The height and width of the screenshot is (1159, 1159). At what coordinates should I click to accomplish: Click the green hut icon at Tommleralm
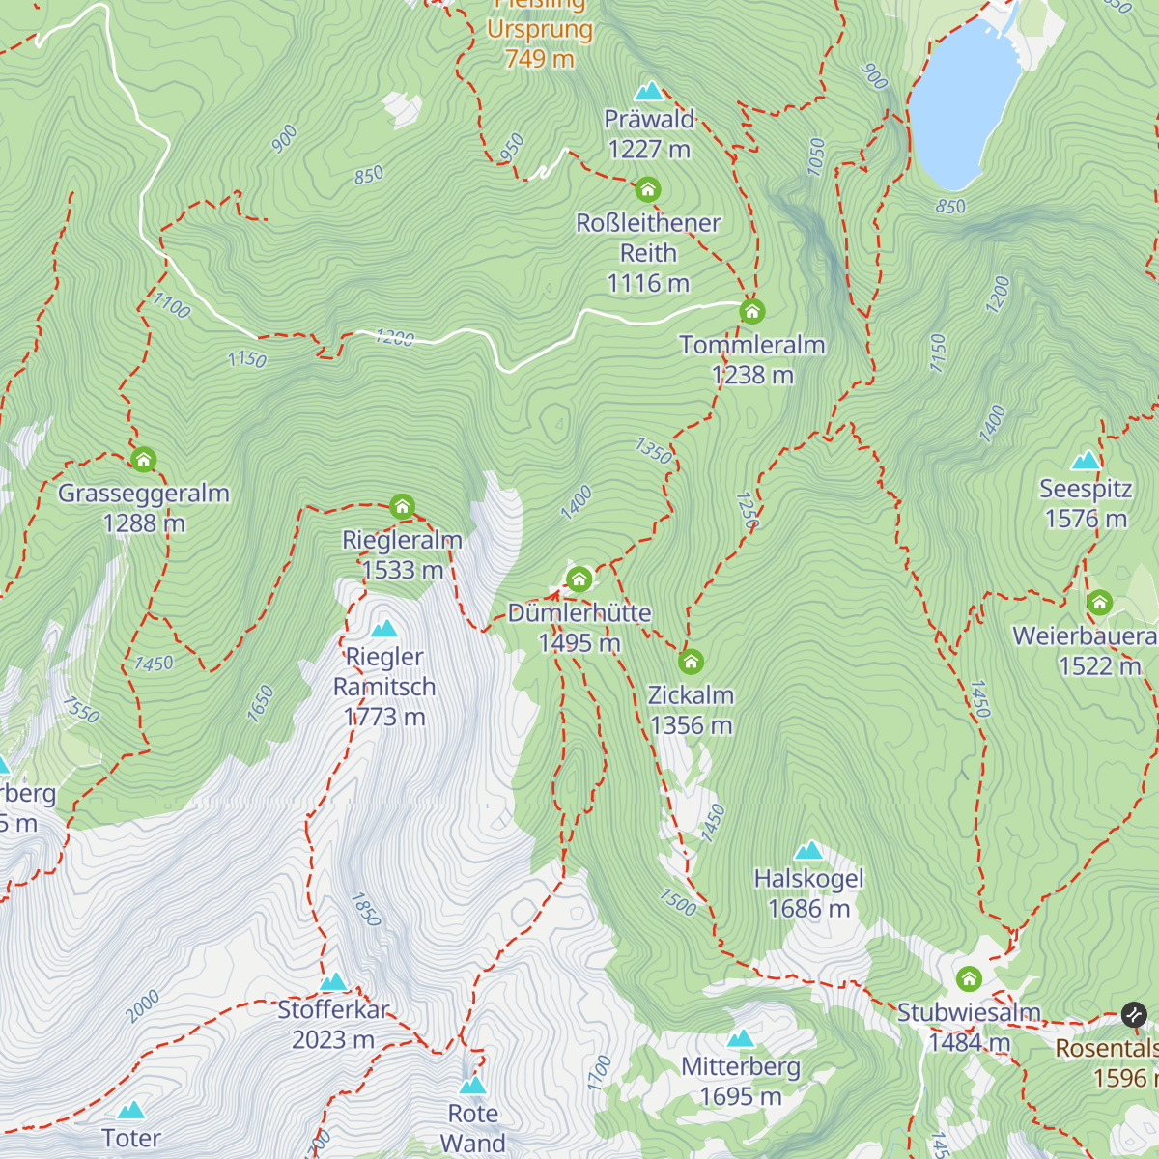click(752, 312)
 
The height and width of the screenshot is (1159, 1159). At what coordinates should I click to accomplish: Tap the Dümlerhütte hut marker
click(579, 579)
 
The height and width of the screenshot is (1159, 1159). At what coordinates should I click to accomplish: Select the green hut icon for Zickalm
click(691, 663)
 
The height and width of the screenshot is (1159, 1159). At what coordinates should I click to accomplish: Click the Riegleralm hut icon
click(403, 506)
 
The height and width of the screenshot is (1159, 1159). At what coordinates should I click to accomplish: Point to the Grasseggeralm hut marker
click(144, 460)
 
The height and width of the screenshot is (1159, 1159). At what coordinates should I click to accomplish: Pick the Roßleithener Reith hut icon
click(648, 189)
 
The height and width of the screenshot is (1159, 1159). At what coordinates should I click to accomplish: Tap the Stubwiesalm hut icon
click(969, 979)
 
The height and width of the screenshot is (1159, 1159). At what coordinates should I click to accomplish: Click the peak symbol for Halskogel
click(808, 851)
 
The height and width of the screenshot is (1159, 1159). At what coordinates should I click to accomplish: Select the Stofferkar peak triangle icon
click(333, 982)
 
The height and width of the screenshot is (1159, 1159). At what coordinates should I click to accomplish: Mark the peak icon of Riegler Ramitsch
click(384, 629)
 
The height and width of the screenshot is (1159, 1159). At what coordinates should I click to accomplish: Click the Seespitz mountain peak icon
click(1086, 460)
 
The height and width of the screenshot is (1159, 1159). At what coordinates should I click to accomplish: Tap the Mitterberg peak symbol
click(741, 1039)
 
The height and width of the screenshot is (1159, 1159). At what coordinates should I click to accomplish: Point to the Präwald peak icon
click(649, 92)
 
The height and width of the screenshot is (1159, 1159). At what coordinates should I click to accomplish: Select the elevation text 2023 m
click(333, 1040)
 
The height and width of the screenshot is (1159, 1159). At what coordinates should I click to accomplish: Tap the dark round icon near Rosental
click(1134, 1015)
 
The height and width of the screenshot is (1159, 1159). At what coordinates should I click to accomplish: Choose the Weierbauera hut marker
click(1099, 604)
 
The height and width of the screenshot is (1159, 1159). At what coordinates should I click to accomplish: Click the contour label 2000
click(143, 1007)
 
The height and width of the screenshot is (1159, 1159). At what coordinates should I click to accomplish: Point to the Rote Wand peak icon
click(472, 1086)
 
